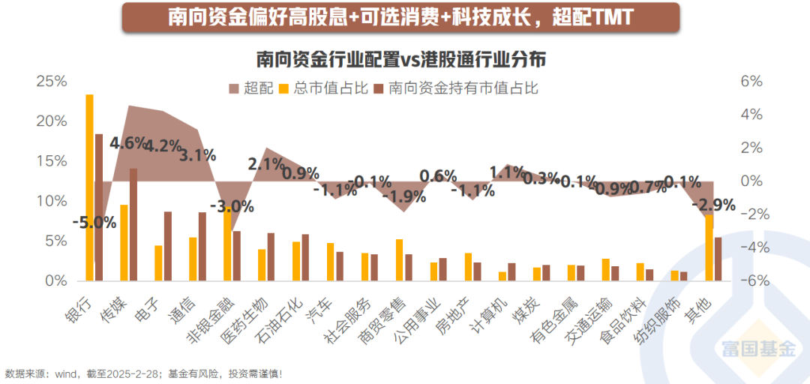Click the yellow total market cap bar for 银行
[89, 187]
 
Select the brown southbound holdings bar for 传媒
[133, 225]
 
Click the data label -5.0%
[94, 222]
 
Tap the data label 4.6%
[128, 142]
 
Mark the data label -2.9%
[714, 205]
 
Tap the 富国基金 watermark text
[757, 348]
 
